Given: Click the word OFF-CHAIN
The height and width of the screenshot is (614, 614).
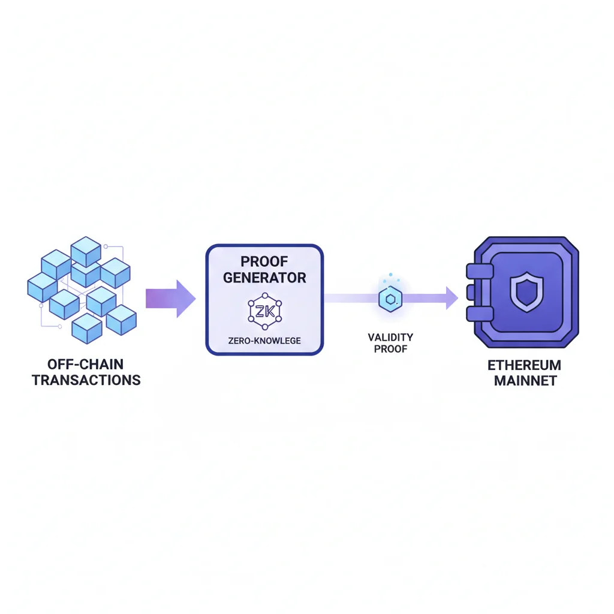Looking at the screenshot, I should (x=86, y=364).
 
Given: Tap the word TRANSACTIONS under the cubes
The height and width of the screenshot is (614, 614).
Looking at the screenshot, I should (x=86, y=380).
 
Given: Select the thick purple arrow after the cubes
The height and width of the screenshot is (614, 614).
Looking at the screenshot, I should (x=170, y=298).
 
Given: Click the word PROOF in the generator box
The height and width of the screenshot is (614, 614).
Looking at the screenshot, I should (x=264, y=261).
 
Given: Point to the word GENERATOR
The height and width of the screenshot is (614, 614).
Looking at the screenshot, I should (x=264, y=278).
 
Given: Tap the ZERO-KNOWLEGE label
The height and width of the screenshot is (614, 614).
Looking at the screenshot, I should (x=264, y=341).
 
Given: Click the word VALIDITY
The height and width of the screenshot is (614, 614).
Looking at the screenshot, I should (x=390, y=338).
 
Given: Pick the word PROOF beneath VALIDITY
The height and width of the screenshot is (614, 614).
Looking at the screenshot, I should (x=390, y=349).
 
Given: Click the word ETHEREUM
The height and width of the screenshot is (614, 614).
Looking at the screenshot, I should (x=524, y=365).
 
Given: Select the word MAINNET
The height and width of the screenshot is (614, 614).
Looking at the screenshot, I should (x=524, y=381).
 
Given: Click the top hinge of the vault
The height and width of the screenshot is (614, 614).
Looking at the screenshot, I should (x=475, y=270).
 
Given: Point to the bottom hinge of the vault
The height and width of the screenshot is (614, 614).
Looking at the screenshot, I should (x=475, y=323).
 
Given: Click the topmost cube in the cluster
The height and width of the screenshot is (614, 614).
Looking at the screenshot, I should (x=86, y=251).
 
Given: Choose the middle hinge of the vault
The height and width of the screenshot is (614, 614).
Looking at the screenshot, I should (x=471, y=297).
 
